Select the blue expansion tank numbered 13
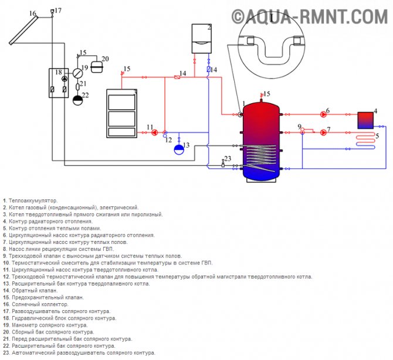pyautogui.click(x=179, y=150)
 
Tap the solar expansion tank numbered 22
pyautogui.click(x=77, y=98)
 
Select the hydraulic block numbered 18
pyautogui.click(x=59, y=83)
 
